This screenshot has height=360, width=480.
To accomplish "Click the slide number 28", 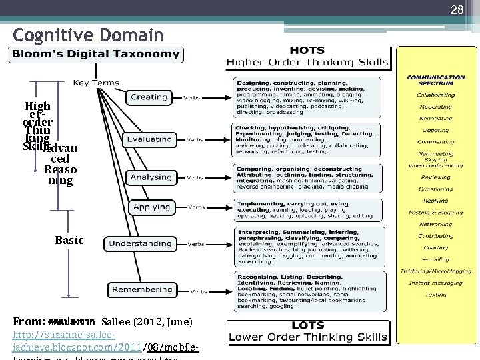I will coord(457,9).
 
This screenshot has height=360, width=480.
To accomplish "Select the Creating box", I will coord(149,97).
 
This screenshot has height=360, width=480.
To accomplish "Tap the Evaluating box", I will coord(150,139).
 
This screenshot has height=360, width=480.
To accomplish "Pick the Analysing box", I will coord(151,177).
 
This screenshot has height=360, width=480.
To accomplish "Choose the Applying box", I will coord(151,207).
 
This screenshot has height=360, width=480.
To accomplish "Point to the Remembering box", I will coord(142,290).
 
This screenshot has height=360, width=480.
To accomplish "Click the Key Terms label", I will coord(96,83).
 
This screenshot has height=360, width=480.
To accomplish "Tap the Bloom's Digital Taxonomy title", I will coord(94,54).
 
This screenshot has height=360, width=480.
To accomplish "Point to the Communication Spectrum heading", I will coord(436,80).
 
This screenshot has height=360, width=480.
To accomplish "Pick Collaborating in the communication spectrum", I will coord(436,95).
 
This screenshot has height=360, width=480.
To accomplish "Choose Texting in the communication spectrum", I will coord(435,295).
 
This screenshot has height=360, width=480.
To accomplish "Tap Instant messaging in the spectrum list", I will coord(436,283).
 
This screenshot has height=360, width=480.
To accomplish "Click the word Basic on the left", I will coord(69,240).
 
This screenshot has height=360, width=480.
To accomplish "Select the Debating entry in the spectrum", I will coord(435,130).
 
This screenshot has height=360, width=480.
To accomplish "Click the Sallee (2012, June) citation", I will coord(147,322).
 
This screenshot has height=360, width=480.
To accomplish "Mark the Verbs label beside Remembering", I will coord(199,292).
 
